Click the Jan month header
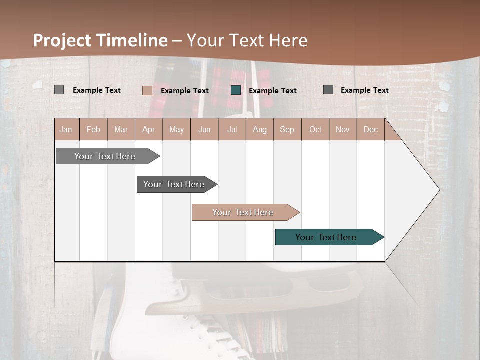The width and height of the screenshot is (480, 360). [66, 129]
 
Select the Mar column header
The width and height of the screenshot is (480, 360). [121, 129]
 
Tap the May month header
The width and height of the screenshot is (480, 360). [176, 129]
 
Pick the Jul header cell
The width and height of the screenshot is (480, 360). [232, 129]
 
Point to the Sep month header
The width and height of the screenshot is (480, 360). [287, 129]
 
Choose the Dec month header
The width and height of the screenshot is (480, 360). [370, 129]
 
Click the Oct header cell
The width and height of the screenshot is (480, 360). [315, 129]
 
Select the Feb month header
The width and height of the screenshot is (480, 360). [93, 129]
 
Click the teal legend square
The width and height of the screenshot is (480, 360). [236, 90]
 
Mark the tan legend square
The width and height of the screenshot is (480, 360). [147, 90]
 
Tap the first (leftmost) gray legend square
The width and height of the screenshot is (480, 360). [59, 90]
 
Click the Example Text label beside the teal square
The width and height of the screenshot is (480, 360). [273, 91]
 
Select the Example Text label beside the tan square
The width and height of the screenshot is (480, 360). [185, 91]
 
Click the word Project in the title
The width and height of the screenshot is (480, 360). [62, 40]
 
